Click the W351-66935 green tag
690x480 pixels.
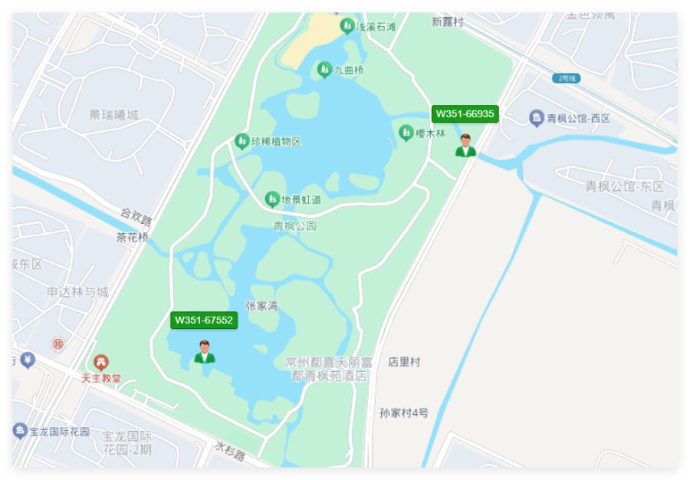465,114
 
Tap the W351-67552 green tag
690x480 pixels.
204,320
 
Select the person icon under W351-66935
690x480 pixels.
465,146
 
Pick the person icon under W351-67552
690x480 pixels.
205,352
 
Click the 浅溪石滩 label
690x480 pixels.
376,27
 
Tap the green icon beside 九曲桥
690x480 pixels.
324,70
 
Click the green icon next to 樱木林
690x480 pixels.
406,133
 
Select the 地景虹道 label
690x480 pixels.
301,199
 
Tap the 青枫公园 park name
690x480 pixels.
295,226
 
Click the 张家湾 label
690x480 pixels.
261,306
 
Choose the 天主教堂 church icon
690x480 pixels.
101,362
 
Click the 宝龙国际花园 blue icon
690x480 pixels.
20,431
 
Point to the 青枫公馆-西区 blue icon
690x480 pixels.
537,117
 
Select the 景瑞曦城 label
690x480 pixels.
114,115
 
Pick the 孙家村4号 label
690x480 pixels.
404,413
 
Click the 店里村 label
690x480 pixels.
404,361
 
